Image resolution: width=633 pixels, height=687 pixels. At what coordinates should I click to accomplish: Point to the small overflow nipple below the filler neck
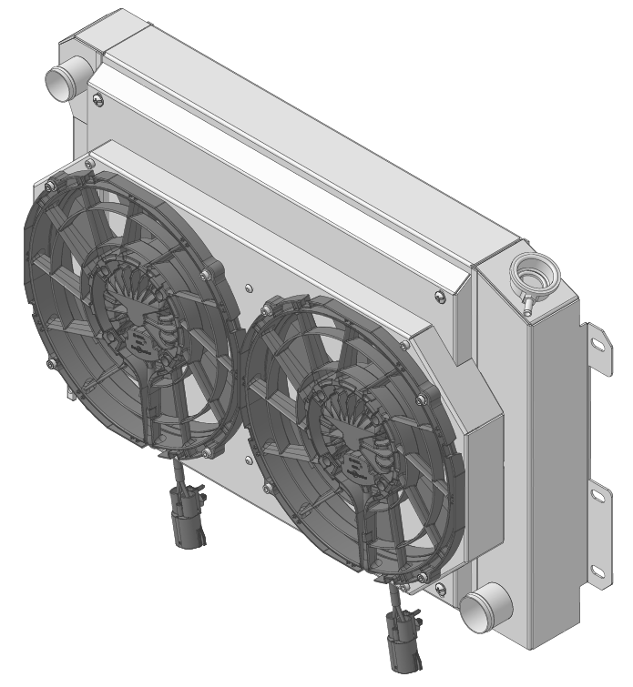coord(526,299)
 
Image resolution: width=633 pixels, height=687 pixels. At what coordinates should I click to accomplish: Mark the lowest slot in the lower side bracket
coord(597,571)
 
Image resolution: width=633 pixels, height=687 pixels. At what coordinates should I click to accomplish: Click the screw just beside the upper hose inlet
coord(99,100)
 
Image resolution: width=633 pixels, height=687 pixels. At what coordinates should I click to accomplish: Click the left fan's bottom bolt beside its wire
coord(209,452)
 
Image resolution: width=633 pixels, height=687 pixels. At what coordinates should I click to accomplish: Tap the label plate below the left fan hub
coord(140,343)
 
